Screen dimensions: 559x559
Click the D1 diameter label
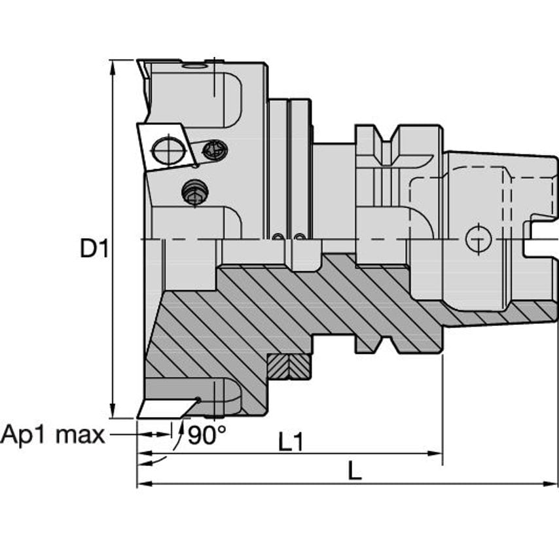click(x=93, y=248)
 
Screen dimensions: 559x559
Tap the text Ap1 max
click(x=52, y=434)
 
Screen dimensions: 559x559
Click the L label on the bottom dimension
click(x=354, y=471)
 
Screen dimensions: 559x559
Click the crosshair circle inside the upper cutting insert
click(x=169, y=151)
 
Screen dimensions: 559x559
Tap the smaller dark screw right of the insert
click(x=215, y=151)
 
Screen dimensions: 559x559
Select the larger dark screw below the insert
click(x=195, y=192)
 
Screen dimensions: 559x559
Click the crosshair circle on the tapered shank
click(x=478, y=239)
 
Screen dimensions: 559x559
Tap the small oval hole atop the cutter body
click(x=194, y=65)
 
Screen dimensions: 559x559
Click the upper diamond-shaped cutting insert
click(x=164, y=145)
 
